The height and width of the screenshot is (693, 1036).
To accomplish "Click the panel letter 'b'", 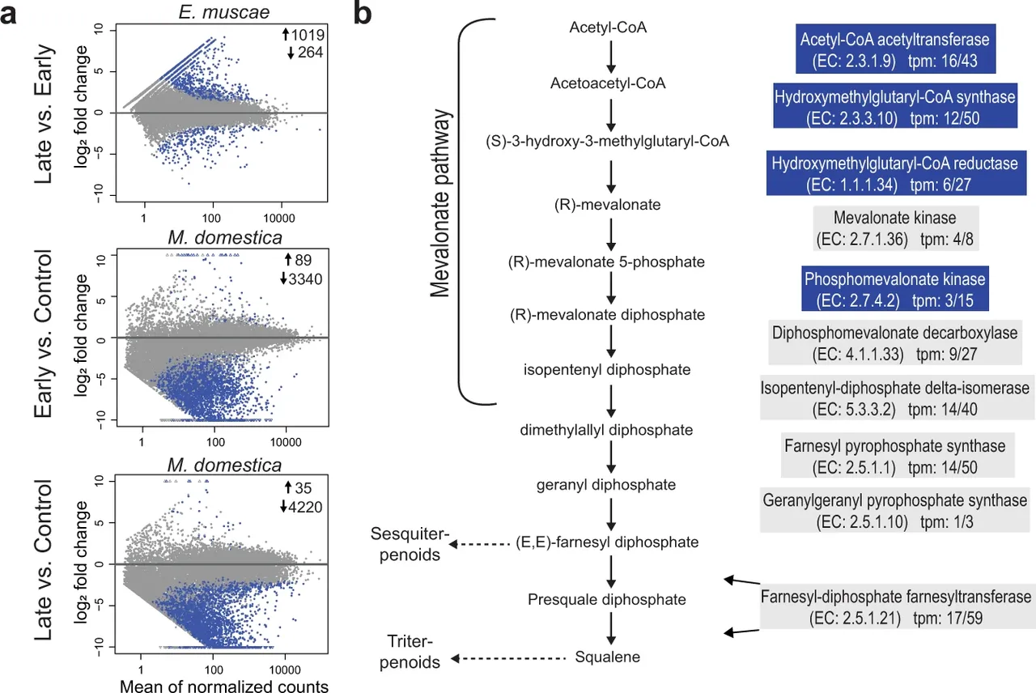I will (365, 15).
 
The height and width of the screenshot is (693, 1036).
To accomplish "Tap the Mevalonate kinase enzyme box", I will (894, 230).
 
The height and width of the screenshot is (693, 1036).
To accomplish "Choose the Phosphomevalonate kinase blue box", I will (894, 290).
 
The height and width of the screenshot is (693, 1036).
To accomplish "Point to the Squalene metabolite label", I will (607, 657).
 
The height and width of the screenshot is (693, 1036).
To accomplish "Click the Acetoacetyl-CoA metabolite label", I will (607, 83).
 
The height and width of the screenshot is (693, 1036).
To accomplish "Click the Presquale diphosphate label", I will (607, 600).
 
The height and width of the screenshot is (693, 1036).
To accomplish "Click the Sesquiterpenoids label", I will (406, 544).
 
